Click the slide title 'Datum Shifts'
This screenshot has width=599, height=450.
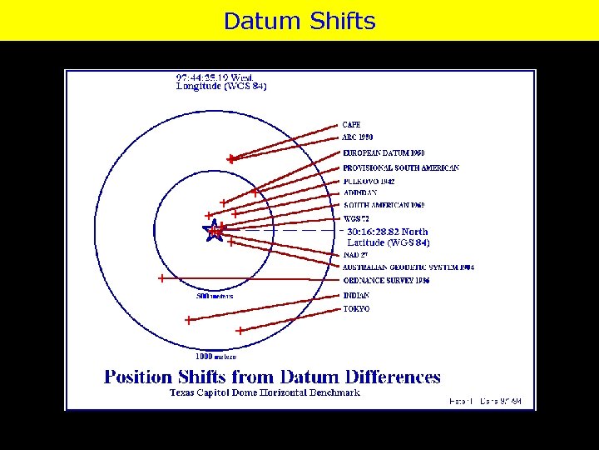(299, 21)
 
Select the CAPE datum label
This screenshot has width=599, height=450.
(351, 125)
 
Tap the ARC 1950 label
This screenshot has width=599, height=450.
(358, 137)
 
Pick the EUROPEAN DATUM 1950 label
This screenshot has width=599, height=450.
(384, 153)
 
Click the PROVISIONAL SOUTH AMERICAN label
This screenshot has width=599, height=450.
(400, 167)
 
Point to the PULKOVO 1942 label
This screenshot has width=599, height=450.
(369, 181)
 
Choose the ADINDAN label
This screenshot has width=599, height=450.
(359, 192)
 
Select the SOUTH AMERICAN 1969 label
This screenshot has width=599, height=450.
(384, 205)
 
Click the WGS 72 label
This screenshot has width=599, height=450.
(357, 219)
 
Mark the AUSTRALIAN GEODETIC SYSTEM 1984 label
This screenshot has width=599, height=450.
(408, 267)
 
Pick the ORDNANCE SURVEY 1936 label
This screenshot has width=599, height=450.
(385, 281)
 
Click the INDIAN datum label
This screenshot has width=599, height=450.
(356, 295)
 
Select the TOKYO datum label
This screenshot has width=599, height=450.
(356, 308)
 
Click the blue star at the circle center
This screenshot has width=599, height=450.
(215, 231)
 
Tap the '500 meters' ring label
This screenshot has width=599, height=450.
(215, 296)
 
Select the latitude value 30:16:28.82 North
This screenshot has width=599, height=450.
(388, 232)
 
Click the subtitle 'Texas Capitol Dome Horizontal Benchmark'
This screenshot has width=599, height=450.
(265, 392)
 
